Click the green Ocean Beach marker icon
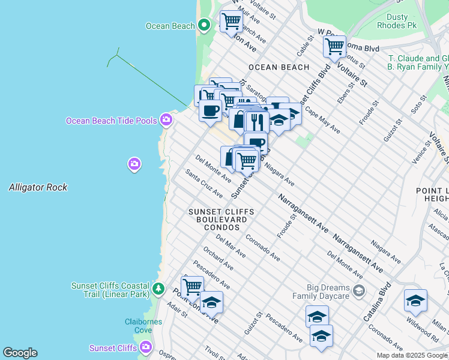[204, 25]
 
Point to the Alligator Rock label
[38, 188]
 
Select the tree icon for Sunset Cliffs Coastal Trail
[158, 289]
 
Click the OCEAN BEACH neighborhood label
[279, 67]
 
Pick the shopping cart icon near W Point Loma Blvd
[334, 46]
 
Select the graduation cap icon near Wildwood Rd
[415, 301]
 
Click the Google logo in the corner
[20, 353]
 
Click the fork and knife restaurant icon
[257, 122]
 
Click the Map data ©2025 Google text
[412, 355]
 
